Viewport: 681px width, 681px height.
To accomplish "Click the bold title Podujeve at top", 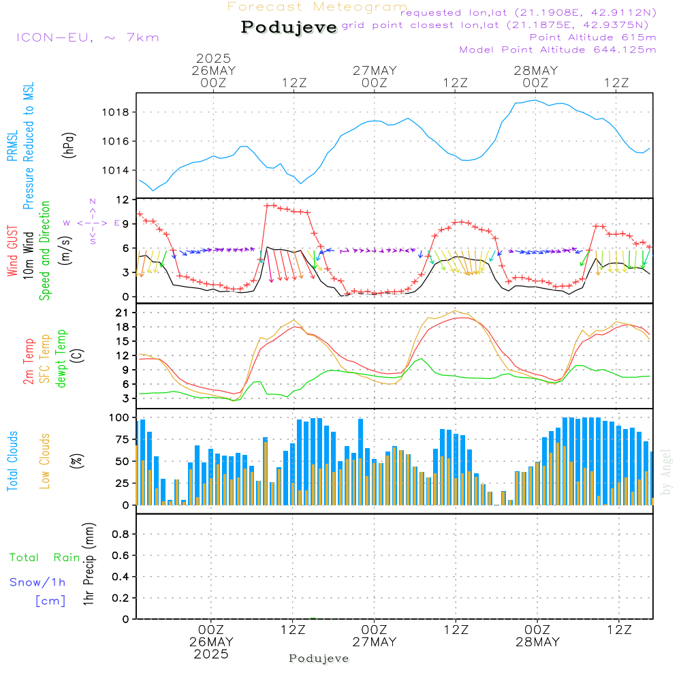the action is (x=289, y=27).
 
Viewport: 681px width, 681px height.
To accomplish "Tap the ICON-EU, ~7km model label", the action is (x=88, y=37).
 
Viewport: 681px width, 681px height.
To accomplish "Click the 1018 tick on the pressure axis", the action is (x=116, y=112).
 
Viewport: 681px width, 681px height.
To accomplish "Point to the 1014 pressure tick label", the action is (x=116, y=171).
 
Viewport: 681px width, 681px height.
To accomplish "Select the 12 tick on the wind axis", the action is (x=123, y=200).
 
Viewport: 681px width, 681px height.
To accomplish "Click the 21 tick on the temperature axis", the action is (x=123, y=313).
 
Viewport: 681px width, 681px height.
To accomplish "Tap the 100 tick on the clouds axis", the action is (x=119, y=418).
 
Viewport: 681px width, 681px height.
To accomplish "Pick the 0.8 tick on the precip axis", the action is (x=121, y=534).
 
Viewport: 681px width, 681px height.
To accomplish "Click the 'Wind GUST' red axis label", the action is (x=12, y=251).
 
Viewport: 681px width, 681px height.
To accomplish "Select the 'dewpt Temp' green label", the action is (x=61, y=358).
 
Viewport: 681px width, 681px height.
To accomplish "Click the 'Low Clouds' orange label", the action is (x=44, y=461).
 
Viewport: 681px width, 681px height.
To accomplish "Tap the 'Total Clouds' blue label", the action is (x=12, y=461).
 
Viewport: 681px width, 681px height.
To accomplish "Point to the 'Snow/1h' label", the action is (x=37, y=582).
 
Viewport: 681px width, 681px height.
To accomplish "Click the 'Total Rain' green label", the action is (x=45, y=558).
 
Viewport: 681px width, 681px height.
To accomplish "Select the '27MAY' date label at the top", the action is (x=375, y=71).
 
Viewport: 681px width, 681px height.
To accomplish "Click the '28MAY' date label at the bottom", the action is (x=538, y=642).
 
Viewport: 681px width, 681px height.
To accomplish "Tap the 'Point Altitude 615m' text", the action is (x=593, y=37).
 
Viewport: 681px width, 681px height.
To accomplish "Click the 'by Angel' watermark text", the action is (x=666, y=472).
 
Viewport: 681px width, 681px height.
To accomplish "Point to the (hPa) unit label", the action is (x=69, y=145).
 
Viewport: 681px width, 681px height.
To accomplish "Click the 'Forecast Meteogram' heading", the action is (x=317, y=7).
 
